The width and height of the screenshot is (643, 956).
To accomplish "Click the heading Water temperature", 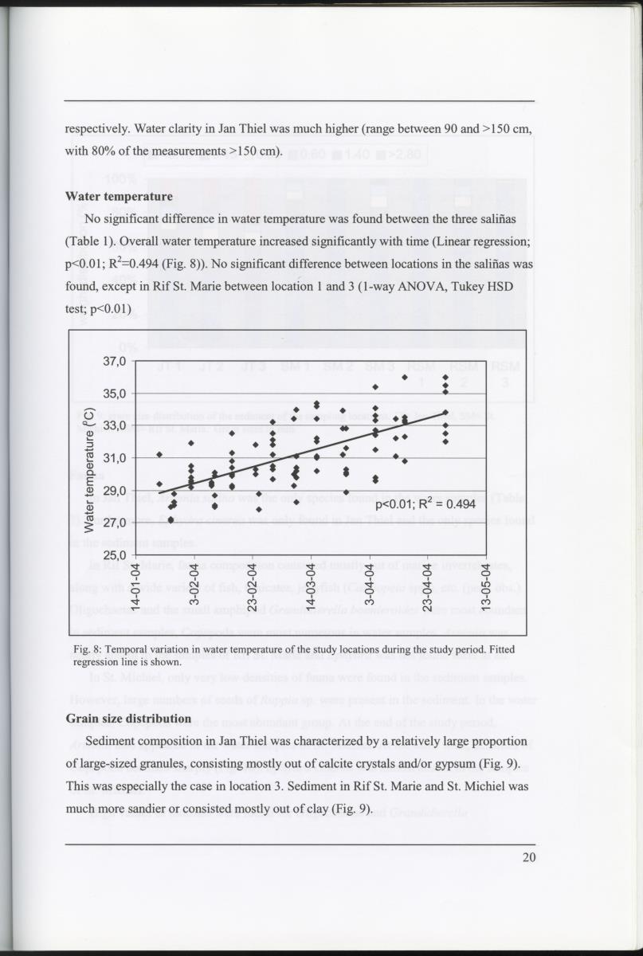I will pyautogui.click(x=119, y=196).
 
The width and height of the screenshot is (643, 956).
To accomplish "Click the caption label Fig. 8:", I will pyautogui.click(x=83, y=649).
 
